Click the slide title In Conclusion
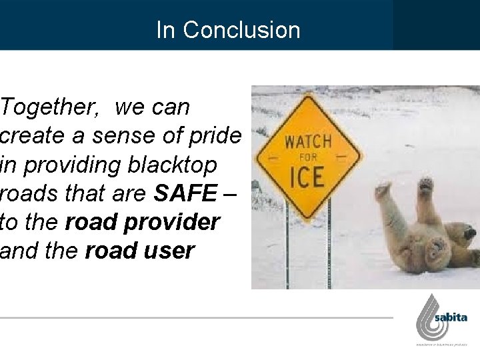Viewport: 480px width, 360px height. (228, 30)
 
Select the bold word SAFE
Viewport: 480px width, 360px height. (185, 195)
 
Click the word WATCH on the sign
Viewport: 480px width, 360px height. (308, 141)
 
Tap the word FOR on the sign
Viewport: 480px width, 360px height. (307, 158)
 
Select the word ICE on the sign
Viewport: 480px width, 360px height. (307, 178)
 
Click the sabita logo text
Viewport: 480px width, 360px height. (451, 318)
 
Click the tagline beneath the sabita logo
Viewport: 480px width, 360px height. (442, 345)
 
